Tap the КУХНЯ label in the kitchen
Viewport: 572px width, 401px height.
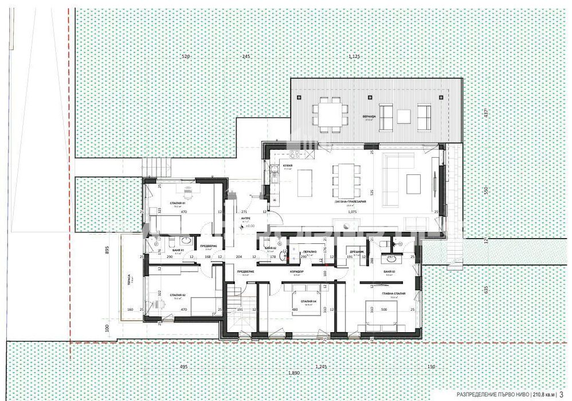point(288,166)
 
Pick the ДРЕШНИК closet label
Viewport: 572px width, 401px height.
point(355,250)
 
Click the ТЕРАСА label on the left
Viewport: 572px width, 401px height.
point(130,278)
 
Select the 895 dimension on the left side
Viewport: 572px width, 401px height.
point(107,250)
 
